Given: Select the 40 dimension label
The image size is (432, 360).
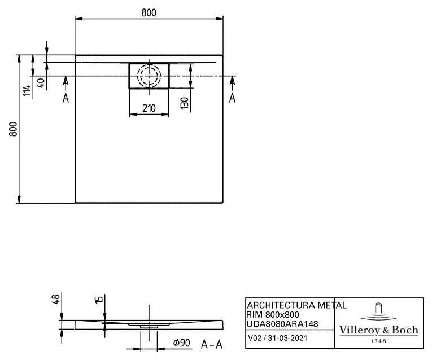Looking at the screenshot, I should (40, 82).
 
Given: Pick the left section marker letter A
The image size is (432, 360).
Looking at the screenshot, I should (66, 98).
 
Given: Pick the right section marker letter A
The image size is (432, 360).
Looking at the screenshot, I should (232, 98).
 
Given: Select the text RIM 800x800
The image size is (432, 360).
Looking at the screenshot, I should (273, 314).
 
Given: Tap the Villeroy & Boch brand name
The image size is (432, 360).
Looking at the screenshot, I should (378, 330).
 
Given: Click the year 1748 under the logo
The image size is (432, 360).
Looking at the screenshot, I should (378, 341).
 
